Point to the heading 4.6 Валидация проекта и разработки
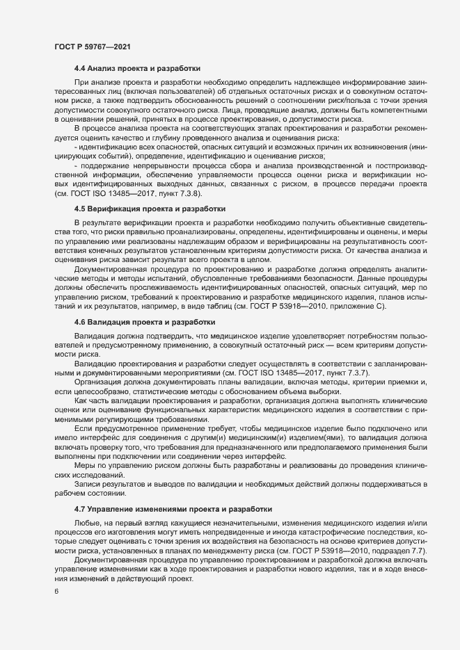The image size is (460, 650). pyautogui.click(x=145, y=302)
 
